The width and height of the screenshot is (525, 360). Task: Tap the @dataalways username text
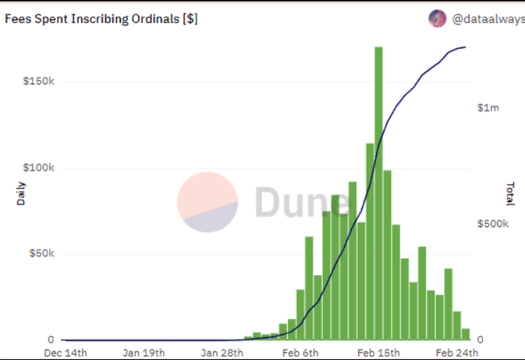(487, 19)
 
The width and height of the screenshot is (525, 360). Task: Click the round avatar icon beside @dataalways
(437, 19)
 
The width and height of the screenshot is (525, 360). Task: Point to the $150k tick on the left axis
(38, 81)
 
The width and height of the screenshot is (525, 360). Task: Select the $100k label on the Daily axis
(38, 168)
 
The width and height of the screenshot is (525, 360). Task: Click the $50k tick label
(41, 254)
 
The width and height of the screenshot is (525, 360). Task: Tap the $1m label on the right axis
(488, 108)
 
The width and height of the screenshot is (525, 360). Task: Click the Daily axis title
(21, 194)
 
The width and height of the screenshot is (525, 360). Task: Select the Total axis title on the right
(510, 194)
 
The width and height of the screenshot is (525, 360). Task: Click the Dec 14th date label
(66, 353)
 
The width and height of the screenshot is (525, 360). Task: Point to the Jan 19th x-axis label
(143, 353)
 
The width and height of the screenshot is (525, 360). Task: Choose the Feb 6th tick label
(300, 353)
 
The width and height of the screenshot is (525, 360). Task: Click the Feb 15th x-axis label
(378, 353)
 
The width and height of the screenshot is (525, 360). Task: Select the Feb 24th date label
(457, 353)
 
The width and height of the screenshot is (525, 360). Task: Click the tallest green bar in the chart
(378, 192)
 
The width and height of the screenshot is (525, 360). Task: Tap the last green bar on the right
(465, 334)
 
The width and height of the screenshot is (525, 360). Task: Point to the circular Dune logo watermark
(207, 202)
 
